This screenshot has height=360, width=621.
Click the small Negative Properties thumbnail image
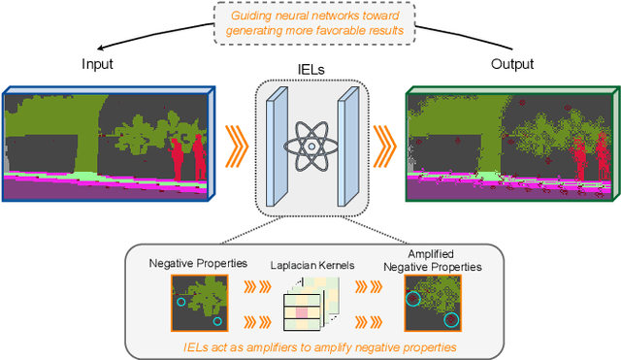click(x=200, y=303)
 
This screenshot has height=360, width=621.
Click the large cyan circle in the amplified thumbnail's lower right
click(x=449, y=320)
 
